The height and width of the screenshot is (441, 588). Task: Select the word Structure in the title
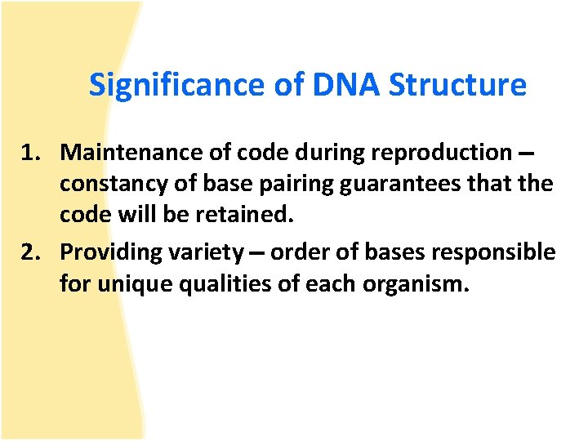[458, 85]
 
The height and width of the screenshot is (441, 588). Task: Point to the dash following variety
[257, 255]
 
